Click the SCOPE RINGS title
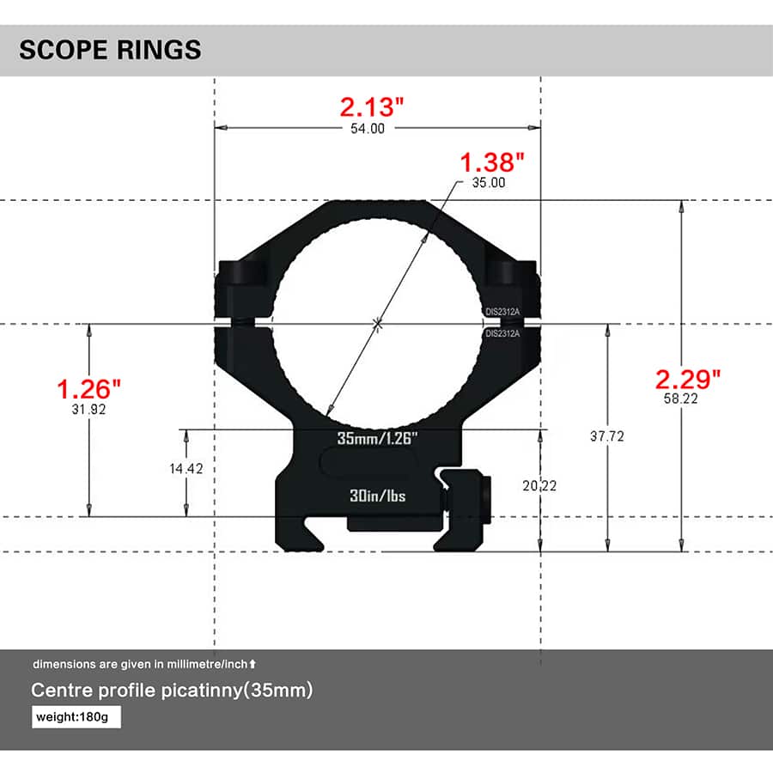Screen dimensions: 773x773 (110, 49)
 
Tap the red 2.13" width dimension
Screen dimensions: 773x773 (371, 107)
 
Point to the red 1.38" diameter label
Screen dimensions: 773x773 (492, 161)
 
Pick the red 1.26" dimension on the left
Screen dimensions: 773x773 (89, 388)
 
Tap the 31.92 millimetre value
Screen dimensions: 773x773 (89, 410)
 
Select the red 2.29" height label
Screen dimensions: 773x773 (688, 378)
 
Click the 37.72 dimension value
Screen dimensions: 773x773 (606, 436)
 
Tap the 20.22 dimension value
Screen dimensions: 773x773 (539, 485)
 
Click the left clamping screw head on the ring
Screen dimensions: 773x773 (240, 273)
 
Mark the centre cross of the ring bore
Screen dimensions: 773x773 (376, 323)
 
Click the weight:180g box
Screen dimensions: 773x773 (76, 716)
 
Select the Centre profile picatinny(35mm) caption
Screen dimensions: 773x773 (172, 690)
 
